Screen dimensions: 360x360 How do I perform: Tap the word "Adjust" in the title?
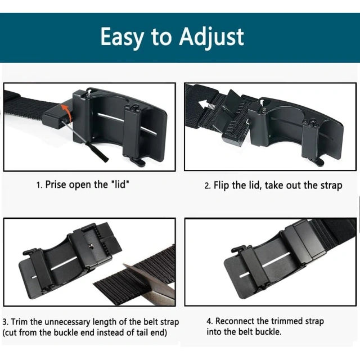(x=212, y=37)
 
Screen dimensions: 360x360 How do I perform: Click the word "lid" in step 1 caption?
(x=128, y=184)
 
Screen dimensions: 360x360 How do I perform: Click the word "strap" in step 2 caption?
(x=329, y=185)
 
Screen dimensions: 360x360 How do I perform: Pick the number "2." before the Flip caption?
(x=207, y=185)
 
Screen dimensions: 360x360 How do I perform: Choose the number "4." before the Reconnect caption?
(x=210, y=321)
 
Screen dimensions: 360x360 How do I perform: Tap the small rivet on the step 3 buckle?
(x=92, y=246)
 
